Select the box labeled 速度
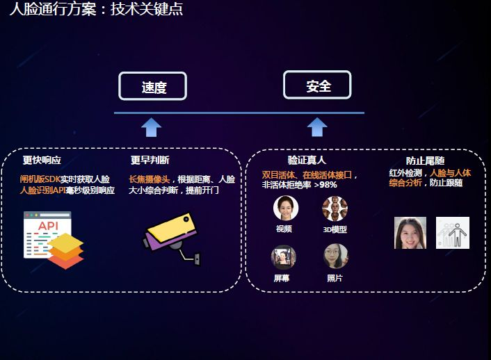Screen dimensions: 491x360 [152, 87]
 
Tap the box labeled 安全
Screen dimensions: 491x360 [317, 85]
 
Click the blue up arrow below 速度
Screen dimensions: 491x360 [151, 127]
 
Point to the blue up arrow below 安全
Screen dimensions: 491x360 [317, 127]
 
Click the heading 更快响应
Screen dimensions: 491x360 [42, 161]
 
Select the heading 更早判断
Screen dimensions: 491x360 [150, 161]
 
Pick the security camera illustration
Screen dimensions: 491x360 [173, 236]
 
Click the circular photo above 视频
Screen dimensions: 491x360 [285, 208]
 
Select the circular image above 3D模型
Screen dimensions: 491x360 [335, 208]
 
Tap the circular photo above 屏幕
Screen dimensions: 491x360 [283, 257]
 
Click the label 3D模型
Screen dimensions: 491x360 [335, 229]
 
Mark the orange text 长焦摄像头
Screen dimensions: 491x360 [149, 179]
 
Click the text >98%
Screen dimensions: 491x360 [325, 186]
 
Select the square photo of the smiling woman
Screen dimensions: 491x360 [410, 233]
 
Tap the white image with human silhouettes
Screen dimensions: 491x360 [453, 233]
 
